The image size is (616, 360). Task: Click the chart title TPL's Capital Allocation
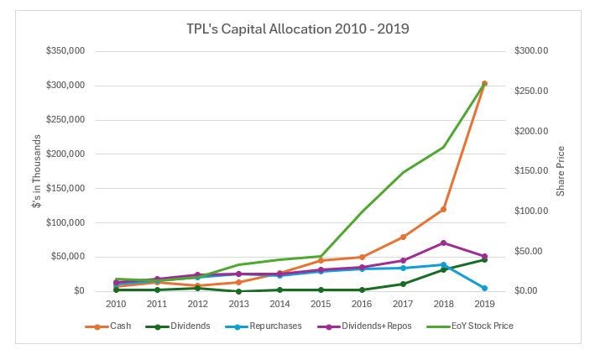[x=298, y=28]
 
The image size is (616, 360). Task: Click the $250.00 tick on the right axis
[x=530, y=91]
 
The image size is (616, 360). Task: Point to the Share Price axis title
[x=561, y=171]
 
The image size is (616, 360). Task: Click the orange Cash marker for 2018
[x=443, y=209]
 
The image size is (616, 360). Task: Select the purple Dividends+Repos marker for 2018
[x=443, y=243]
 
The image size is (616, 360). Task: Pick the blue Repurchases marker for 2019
[x=484, y=288]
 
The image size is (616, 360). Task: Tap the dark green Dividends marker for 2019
[x=484, y=259]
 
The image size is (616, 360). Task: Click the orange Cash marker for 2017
[x=403, y=237]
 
